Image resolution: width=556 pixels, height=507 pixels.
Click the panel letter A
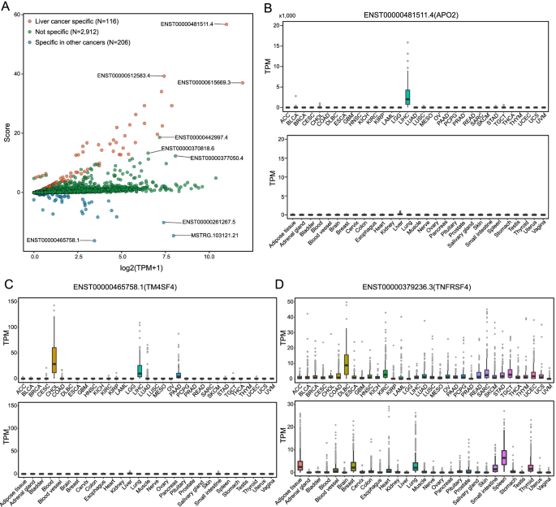click(7, 7)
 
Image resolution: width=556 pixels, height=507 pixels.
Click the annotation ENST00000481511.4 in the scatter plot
click(187, 24)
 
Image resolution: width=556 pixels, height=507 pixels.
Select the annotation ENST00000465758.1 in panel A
click(53, 240)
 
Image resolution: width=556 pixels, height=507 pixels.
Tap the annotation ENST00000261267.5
click(209, 222)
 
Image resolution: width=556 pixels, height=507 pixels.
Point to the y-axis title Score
click(7, 132)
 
